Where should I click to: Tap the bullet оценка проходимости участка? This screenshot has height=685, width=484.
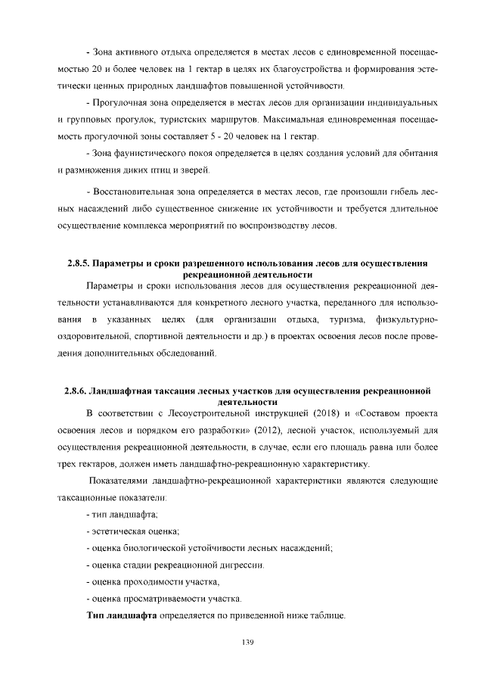coord(155,581)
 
